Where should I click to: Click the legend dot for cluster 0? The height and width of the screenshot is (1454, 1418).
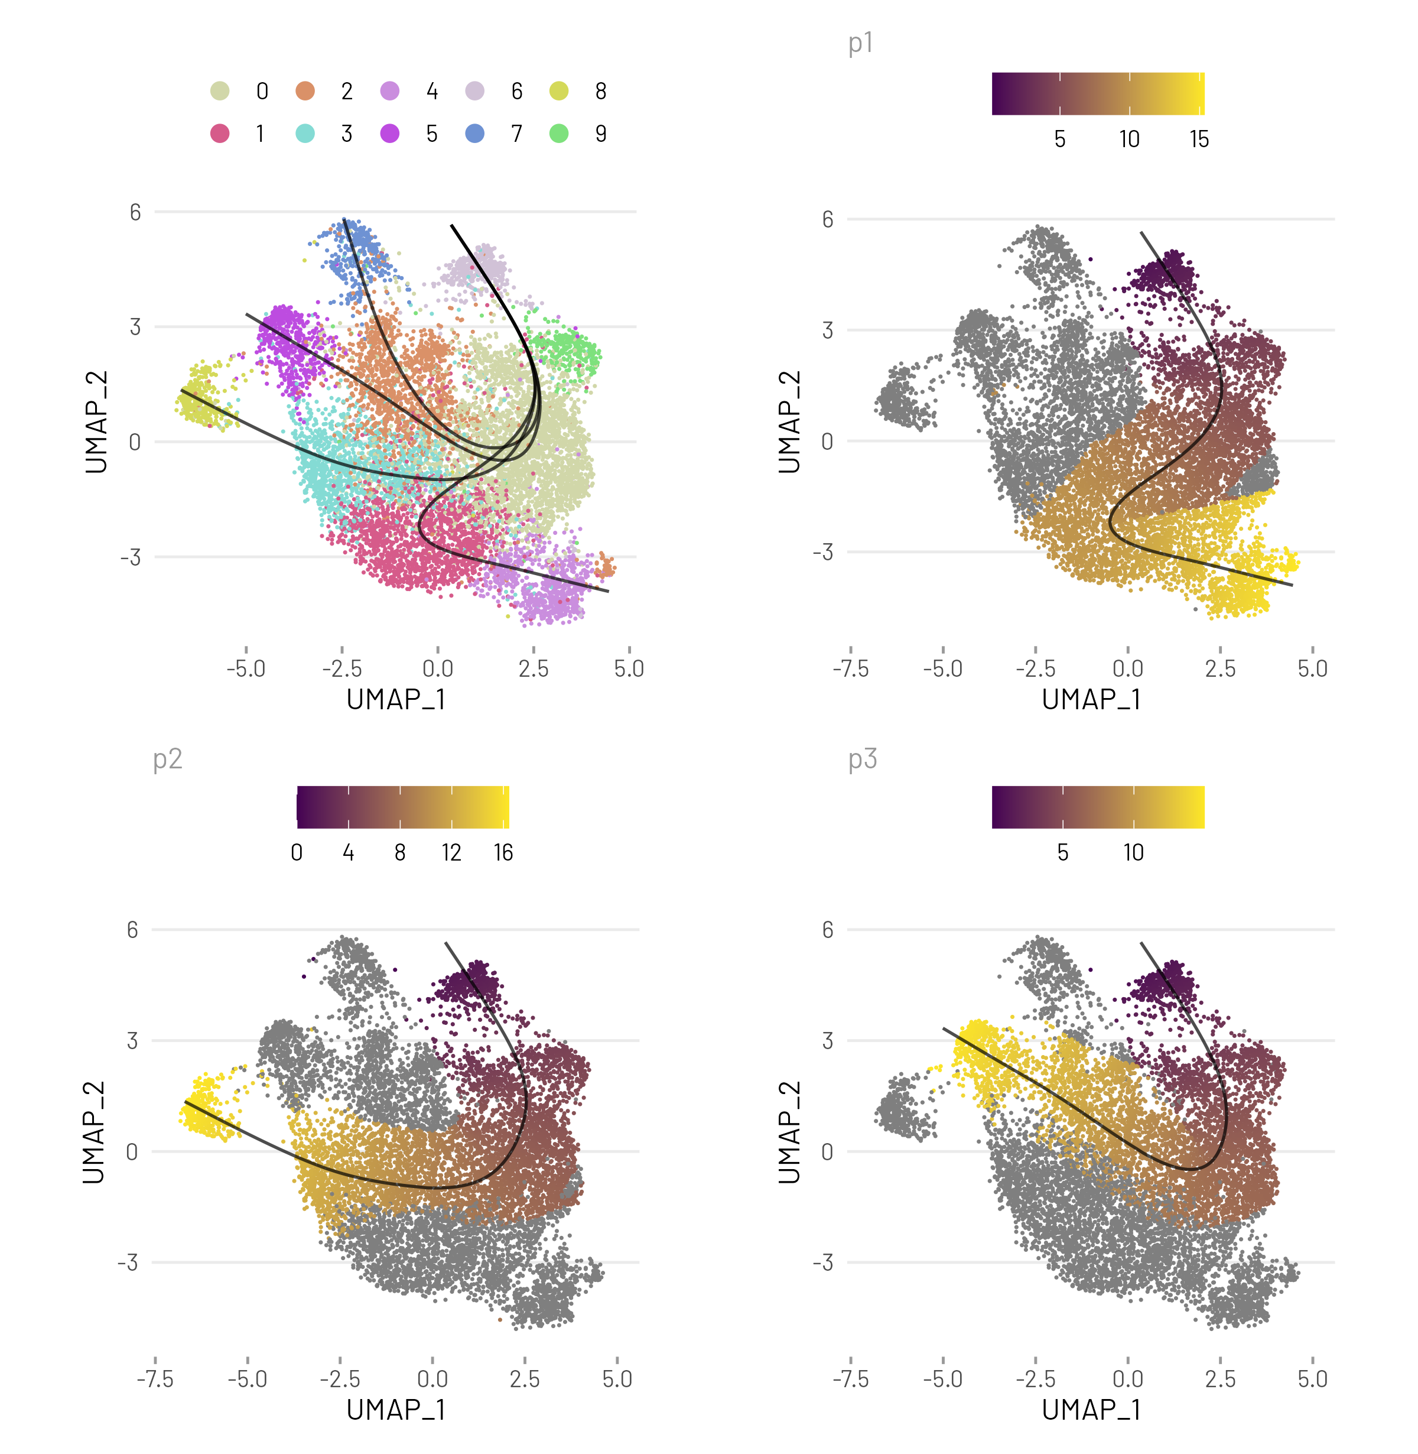click(x=220, y=91)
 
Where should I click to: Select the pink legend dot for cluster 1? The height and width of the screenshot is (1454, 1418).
click(x=220, y=134)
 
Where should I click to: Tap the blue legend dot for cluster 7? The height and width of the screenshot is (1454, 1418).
click(x=474, y=134)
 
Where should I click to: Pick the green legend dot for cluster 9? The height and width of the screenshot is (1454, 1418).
click(x=558, y=134)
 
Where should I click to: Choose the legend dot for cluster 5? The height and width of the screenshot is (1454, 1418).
click(x=389, y=134)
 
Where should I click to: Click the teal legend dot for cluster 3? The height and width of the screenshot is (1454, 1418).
click(x=305, y=134)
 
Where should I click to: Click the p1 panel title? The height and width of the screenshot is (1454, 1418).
click(x=860, y=43)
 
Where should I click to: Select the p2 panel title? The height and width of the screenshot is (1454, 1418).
click(x=168, y=759)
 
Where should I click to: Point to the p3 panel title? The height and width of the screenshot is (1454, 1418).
click(x=863, y=759)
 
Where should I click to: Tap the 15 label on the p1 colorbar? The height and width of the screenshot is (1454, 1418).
click(x=1198, y=139)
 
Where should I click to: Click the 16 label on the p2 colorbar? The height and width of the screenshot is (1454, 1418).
click(x=503, y=853)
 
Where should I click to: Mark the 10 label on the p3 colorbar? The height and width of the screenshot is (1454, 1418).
click(x=1133, y=853)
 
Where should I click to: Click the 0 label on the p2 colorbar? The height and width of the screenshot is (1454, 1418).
click(x=297, y=853)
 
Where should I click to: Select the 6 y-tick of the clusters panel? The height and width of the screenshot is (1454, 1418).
click(x=135, y=212)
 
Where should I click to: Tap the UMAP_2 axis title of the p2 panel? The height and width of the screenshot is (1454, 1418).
click(x=94, y=1132)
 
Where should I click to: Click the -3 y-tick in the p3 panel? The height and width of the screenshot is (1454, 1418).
click(x=823, y=1262)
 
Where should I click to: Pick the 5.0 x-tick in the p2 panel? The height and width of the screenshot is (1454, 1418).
click(x=617, y=1379)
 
